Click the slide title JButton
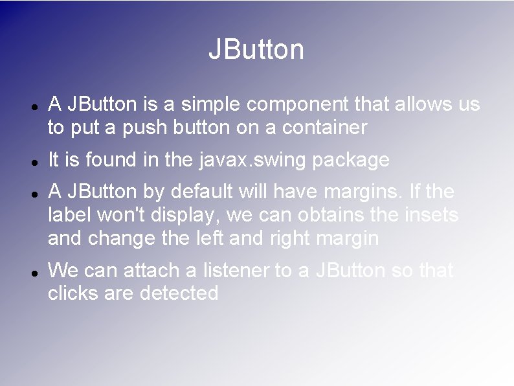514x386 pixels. [x=256, y=50]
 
